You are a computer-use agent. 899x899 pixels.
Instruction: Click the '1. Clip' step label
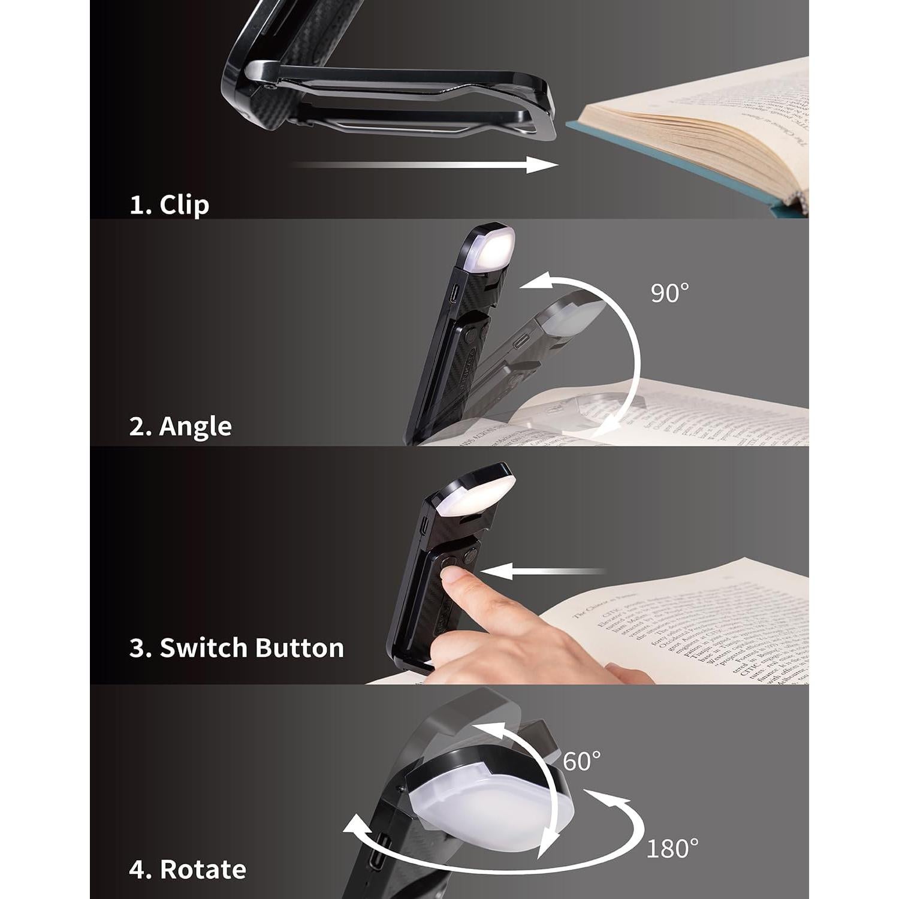click(x=169, y=205)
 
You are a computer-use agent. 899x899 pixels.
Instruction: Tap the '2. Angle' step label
click(x=180, y=427)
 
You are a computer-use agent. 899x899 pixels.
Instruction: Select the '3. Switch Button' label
click(x=237, y=648)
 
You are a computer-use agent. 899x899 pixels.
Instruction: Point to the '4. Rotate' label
click(x=187, y=869)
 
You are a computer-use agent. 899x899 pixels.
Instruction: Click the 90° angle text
click(x=669, y=292)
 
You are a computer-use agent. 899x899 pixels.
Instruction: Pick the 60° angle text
click(x=581, y=761)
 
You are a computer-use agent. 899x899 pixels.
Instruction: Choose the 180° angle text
click(x=672, y=848)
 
